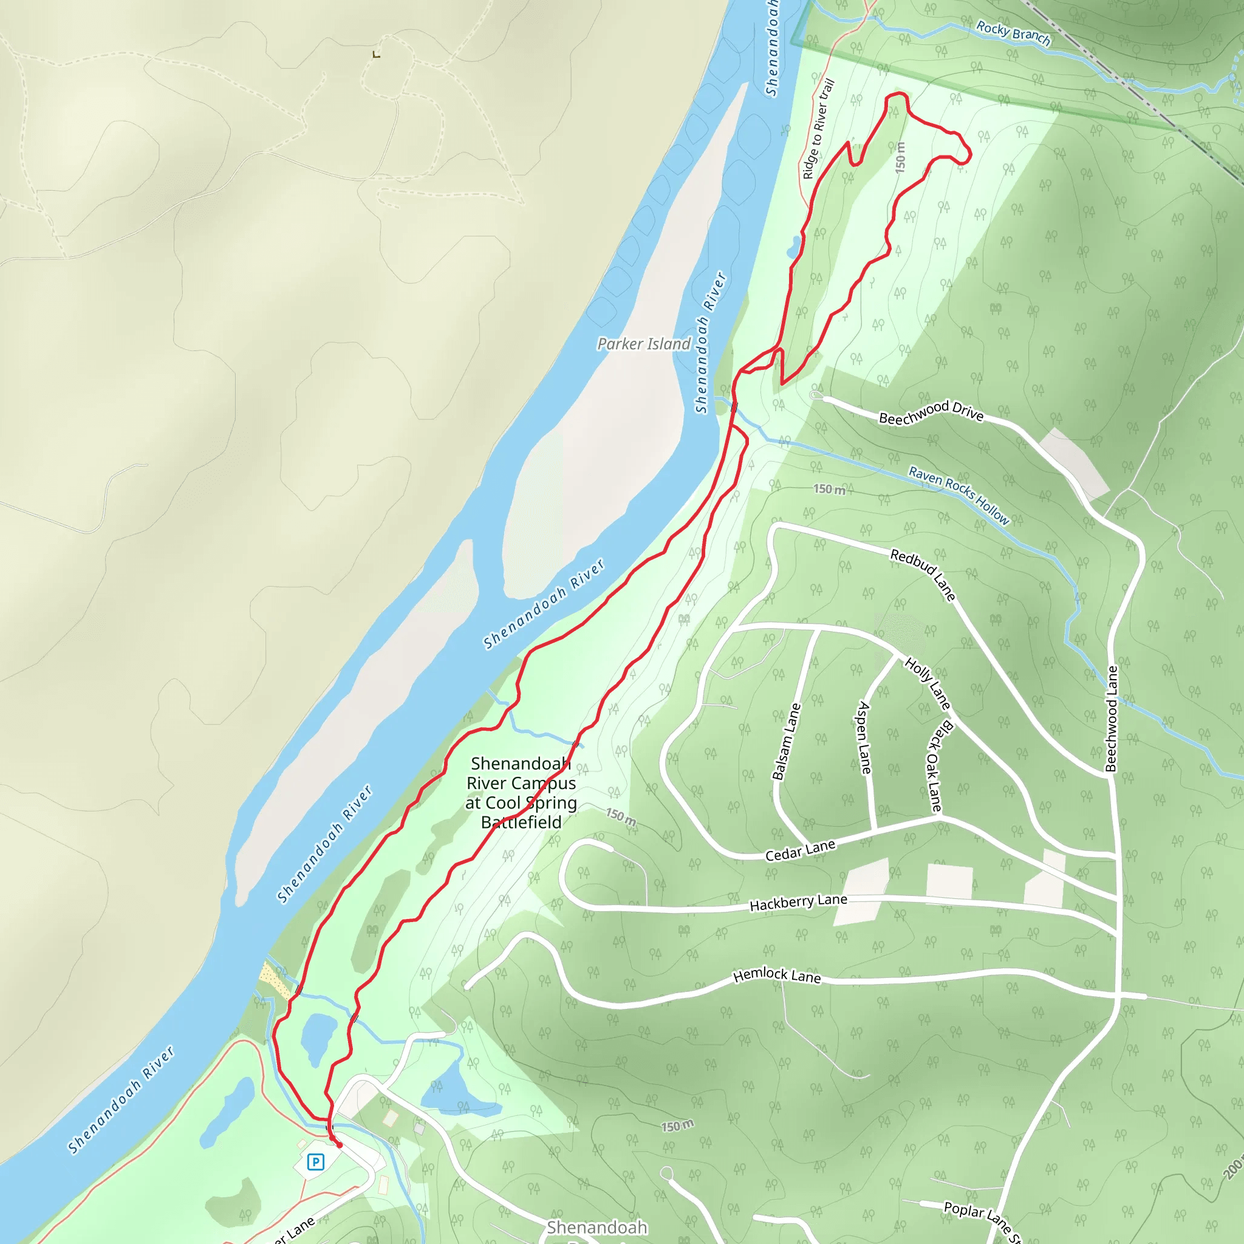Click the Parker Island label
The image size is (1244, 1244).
643,344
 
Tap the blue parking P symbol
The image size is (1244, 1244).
315,1161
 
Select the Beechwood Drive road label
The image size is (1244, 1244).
931,412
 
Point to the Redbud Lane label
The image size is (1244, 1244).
923,575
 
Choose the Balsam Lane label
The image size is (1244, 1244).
786,742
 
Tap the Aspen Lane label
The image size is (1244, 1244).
864,738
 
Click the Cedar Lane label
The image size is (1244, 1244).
800,850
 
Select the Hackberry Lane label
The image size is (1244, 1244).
798,903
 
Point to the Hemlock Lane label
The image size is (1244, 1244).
777,976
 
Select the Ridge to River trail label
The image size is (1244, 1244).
818,129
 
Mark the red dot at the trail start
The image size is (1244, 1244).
340,1145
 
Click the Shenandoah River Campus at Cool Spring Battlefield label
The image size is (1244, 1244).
521,793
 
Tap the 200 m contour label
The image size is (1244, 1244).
1232,1167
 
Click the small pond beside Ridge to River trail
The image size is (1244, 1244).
795,247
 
